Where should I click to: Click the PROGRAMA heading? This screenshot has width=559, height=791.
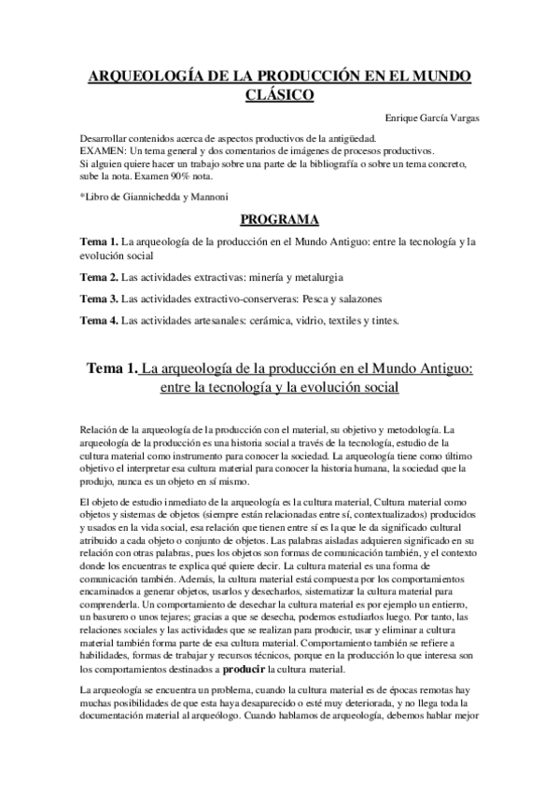pos(280,220)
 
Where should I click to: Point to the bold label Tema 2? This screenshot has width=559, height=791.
pos(99,277)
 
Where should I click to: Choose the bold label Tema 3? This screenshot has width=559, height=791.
pos(99,298)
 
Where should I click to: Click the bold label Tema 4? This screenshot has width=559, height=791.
pos(99,321)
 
